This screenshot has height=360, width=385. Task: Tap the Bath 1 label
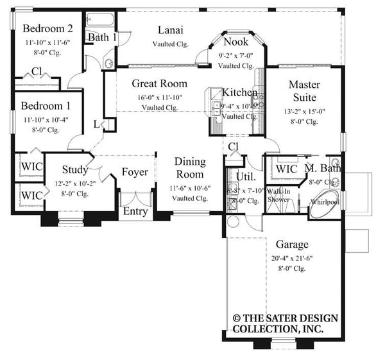pyautogui.click(x=102, y=37)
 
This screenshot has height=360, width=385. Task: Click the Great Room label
pyautogui.click(x=160, y=83)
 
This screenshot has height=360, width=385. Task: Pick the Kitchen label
pyautogui.click(x=240, y=93)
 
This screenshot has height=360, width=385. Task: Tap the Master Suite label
pyautogui.click(x=304, y=91)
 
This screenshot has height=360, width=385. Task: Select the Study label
pyautogui.click(x=76, y=170)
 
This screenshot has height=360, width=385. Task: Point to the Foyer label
pyautogui.click(x=135, y=172)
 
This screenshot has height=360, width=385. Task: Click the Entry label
pyautogui.click(x=135, y=211)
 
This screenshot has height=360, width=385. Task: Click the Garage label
pyautogui.click(x=292, y=244)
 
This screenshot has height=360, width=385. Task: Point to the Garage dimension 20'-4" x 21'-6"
pyautogui.click(x=292, y=259)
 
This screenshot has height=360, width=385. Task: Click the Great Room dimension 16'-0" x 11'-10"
pyautogui.click(x=160, y=98)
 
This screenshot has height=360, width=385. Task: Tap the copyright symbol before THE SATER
pyautogui.click(x=237, y=318)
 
